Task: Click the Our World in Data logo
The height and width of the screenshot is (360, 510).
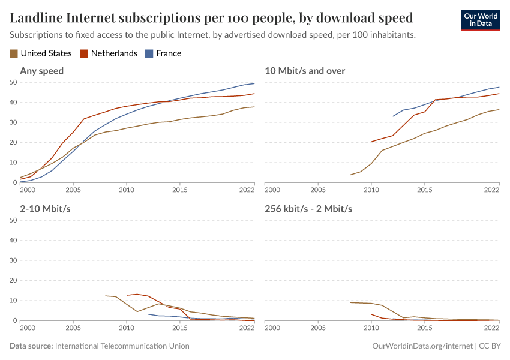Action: (x=480, y=19)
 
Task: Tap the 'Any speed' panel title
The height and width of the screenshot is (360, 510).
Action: (x=41, y=71)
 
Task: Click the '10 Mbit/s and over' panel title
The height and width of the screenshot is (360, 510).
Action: (x=305, y=71)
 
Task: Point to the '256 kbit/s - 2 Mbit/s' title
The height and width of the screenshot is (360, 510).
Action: (x=308, y=209)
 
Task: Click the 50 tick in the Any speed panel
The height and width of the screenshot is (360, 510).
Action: (x=12, y=82)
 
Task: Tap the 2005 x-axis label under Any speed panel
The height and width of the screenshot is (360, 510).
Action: (x=73, y=190)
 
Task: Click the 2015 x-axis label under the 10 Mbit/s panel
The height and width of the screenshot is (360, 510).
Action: (x=424, y=190)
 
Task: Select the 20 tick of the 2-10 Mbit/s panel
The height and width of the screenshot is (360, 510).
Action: (x=12, y=280)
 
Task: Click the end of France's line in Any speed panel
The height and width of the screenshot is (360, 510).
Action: (x=254, y=83)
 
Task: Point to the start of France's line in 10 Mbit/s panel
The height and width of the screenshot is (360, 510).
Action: (x=393, y=116)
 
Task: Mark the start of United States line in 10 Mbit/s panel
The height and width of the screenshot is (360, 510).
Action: (x=350, y=175)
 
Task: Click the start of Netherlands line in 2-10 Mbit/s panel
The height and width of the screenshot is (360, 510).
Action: (x=127, y=295)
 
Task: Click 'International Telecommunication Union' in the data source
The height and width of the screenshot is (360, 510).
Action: (x=122, y=346)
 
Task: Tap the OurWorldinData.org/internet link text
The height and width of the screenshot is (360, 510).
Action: (x=422, y=346)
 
